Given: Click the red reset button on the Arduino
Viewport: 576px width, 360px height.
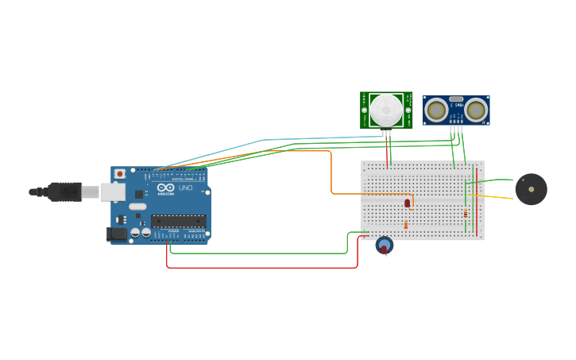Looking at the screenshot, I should (x=120, y=173).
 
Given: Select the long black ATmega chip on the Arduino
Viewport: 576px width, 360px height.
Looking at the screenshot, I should (x=178, y=221).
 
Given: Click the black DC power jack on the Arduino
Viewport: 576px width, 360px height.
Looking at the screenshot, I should (x=117, y=234).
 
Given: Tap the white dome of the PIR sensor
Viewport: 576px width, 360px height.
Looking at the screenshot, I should (x=386, y=110).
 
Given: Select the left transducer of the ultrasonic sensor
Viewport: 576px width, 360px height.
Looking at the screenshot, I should (x=435, y=110).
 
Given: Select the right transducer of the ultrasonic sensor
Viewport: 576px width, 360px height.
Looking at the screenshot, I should (x=477, y=110).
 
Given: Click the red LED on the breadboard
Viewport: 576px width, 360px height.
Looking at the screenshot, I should (x=408, y=203).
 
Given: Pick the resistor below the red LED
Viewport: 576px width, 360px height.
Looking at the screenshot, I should (x=406, y=225).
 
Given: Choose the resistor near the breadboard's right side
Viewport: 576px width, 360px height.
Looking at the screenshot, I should (x=466, y=213).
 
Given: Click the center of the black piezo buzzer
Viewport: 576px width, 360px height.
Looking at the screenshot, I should (x=531, y=189).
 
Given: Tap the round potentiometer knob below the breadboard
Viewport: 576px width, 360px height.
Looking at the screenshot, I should (x=385, y=246).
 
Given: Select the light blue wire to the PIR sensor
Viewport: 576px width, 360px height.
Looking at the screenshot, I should (x=262, y=141).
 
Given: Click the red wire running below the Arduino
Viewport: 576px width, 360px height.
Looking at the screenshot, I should (x=262, y=268).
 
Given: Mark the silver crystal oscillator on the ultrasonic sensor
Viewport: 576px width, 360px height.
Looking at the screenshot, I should (x=456, y=99).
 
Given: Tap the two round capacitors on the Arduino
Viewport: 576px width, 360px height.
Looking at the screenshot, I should (x=141, y=233).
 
